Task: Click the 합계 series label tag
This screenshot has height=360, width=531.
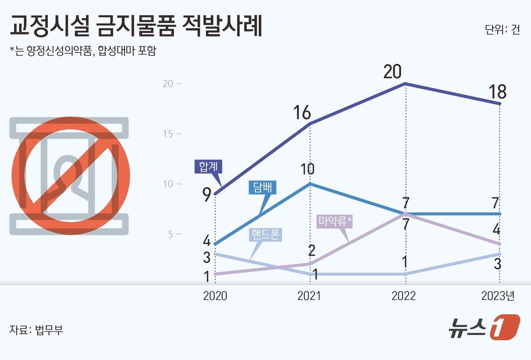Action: point(208,166)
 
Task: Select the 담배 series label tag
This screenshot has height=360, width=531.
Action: point(262,187)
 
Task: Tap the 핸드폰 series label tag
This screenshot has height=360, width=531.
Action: point(265,235)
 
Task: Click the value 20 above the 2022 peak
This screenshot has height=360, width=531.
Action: point(392,72)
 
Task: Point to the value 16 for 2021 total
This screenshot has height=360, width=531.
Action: point(302,113)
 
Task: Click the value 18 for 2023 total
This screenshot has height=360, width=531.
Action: point(497,92)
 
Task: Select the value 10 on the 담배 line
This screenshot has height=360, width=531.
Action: point(307,169)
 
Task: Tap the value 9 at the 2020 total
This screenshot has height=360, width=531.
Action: point(207,195)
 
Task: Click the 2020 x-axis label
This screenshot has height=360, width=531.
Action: point(215,296)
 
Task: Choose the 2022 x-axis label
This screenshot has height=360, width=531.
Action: point(404,296)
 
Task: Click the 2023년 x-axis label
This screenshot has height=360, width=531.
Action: point(498,296)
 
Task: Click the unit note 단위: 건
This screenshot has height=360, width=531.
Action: point(502,30)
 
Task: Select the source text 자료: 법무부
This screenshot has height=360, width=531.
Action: point(36,330)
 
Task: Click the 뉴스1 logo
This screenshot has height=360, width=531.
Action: point(484,327)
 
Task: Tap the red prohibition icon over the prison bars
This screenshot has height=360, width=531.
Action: point(71,176)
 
